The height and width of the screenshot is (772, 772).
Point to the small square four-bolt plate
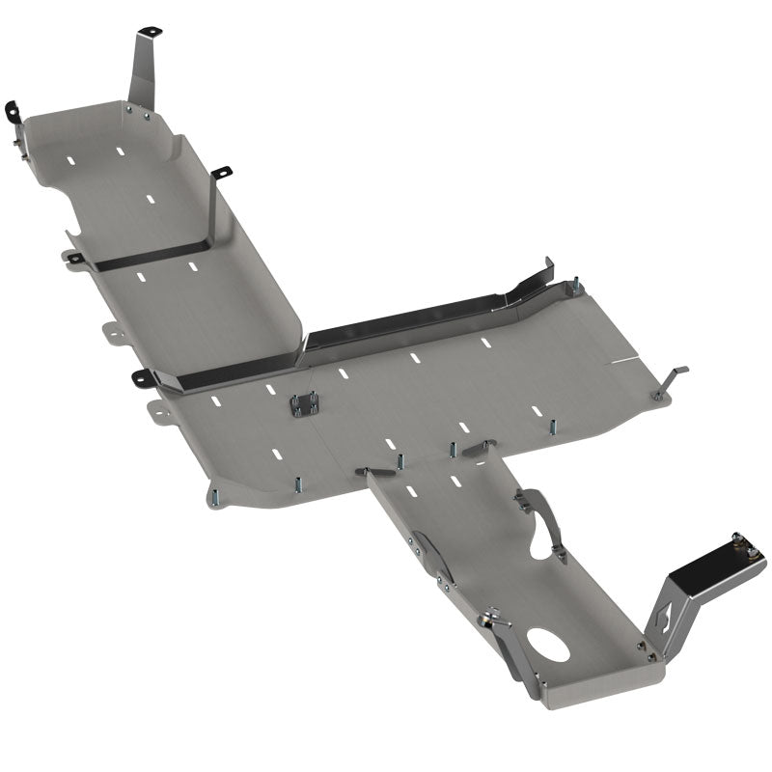(x=305, y=405)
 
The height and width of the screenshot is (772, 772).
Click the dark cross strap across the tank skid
(x=154, y=255)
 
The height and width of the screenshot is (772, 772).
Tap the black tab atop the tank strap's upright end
(x=221, y=173)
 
